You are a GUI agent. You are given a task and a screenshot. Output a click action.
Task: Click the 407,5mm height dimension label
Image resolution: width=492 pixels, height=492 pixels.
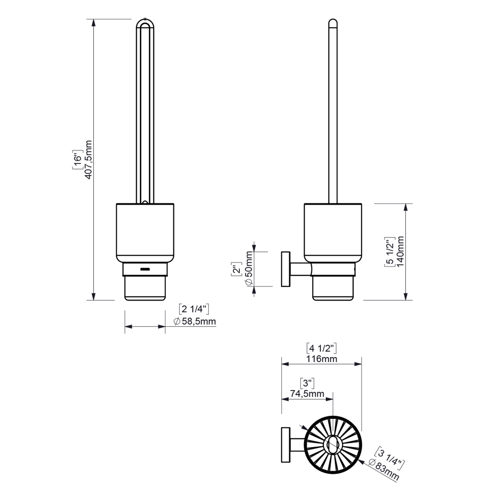(x=88, y=160)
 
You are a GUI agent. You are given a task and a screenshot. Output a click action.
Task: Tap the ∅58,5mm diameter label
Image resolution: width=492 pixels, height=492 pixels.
(x=195, y=321)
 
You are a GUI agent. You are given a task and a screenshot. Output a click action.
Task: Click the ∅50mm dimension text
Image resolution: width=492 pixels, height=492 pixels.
(x=248, y=268)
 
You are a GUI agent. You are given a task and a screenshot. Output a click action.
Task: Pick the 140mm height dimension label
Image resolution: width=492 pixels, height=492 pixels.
(x=400, y=251)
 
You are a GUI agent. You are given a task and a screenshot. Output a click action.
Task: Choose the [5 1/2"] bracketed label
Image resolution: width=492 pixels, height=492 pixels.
(x=390, y=252)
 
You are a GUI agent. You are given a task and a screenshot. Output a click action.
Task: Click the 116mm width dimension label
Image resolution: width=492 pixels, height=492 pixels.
(x=322, y=359)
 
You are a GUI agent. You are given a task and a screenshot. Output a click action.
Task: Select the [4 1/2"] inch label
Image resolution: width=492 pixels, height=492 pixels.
(x=321, y=348)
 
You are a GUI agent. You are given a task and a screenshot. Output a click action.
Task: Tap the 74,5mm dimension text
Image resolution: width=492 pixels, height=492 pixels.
(x=307, y=393)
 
